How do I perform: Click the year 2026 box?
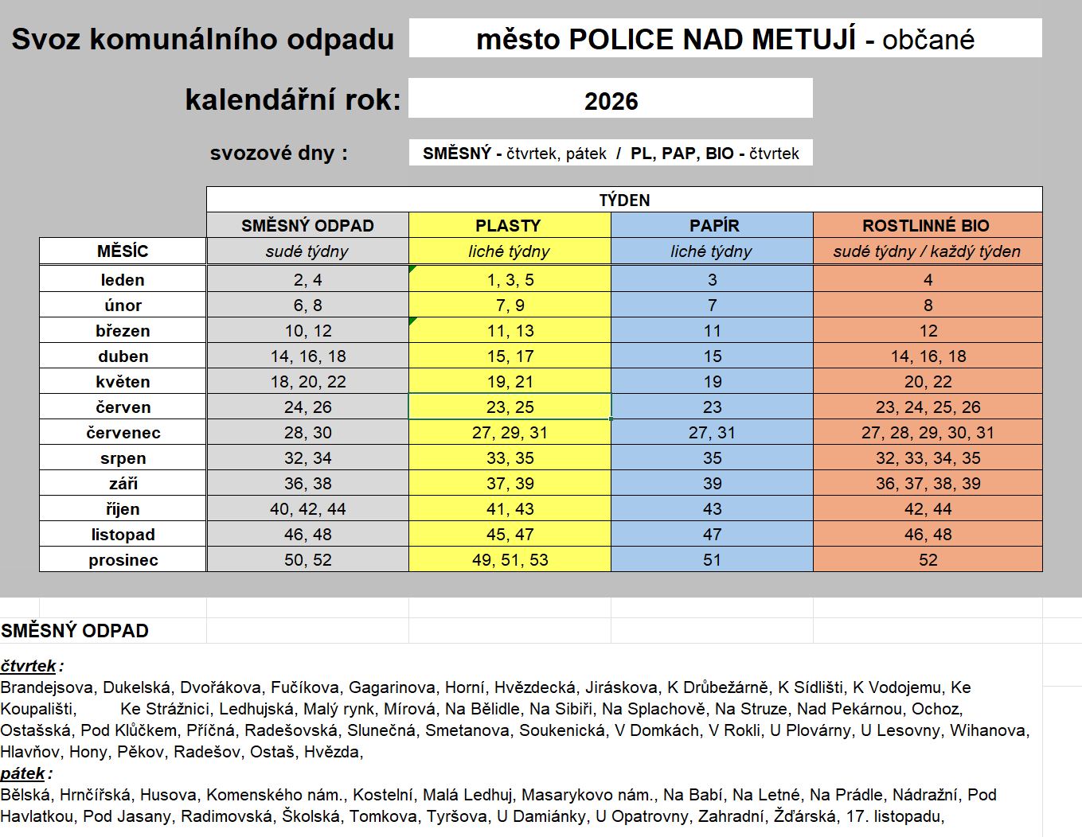click(611, 100)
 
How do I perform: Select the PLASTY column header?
click(509, 225)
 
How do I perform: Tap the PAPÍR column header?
click(712, 225)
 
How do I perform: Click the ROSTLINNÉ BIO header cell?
click(927, 225)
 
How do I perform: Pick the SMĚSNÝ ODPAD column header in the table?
click(307, 225)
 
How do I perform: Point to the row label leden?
click(123, 280)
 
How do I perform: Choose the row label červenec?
click(123, 433)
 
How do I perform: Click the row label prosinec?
click(123, 560)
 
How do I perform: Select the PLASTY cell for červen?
click(510, 407)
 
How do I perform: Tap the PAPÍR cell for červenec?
click(712, 433)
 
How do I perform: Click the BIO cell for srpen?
click(928, 458)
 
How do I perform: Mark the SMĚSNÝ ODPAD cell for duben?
click(307, 356)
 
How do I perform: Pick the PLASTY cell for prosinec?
click(510, 560)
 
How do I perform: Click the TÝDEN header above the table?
click(624, 200)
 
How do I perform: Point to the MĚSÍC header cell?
click(123, 251)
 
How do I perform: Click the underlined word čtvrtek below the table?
click(29, 666)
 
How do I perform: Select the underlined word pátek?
click(23, 773)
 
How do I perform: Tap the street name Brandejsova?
click(47, 687)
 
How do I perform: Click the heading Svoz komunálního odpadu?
click(202, 39)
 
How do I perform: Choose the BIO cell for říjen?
click(928, 509)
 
